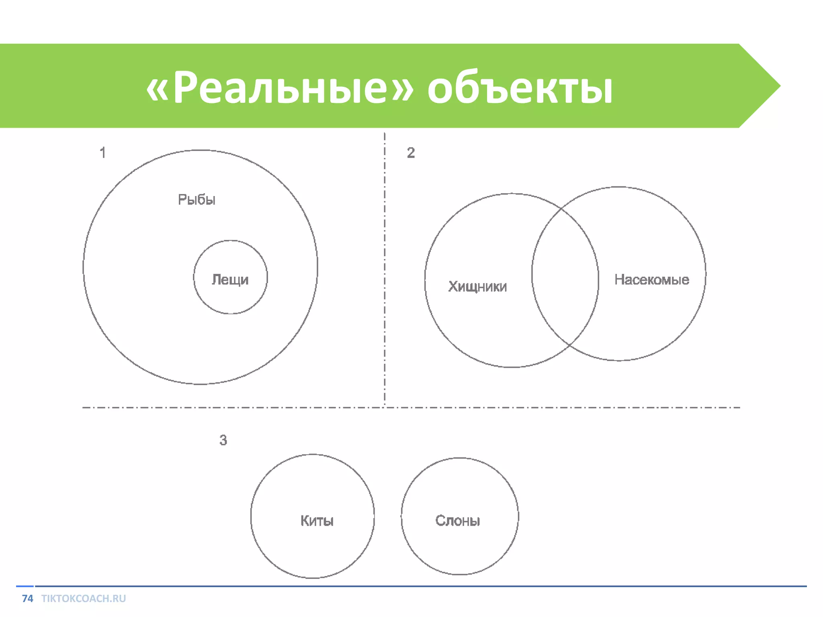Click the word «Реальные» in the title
pos(279,87)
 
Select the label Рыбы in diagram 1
pos(197,200)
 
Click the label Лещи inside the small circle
pos(230,280)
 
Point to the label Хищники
pos(477,286)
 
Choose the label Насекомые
pos(651,280)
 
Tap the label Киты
pos(317,521)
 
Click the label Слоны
pos(458,521)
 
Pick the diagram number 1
pos(103,153)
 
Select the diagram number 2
pos(411,153)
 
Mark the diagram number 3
pos(223,440)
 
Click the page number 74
pos(27,599)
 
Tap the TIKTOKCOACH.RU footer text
pos(84,599)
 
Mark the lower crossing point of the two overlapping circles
pos(569,345)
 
